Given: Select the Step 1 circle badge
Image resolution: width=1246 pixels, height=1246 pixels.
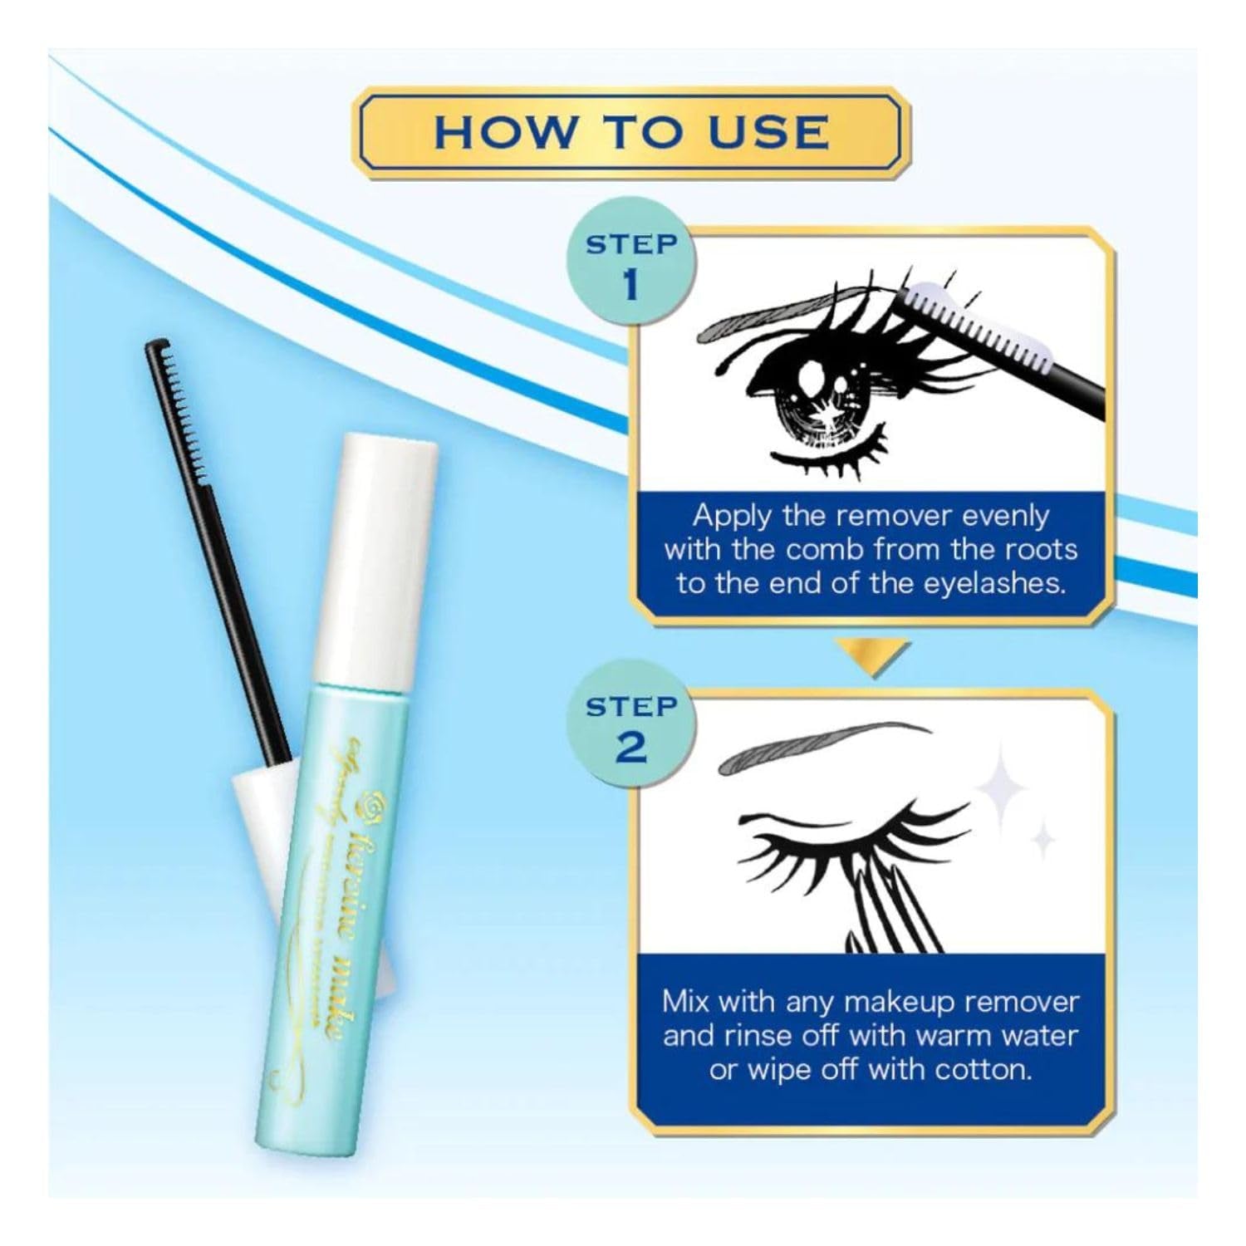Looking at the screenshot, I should point(630,265).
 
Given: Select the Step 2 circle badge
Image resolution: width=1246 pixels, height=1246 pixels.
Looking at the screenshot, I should point(630,728).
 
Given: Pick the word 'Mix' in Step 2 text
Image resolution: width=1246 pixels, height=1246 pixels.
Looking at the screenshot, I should point(686,1001).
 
